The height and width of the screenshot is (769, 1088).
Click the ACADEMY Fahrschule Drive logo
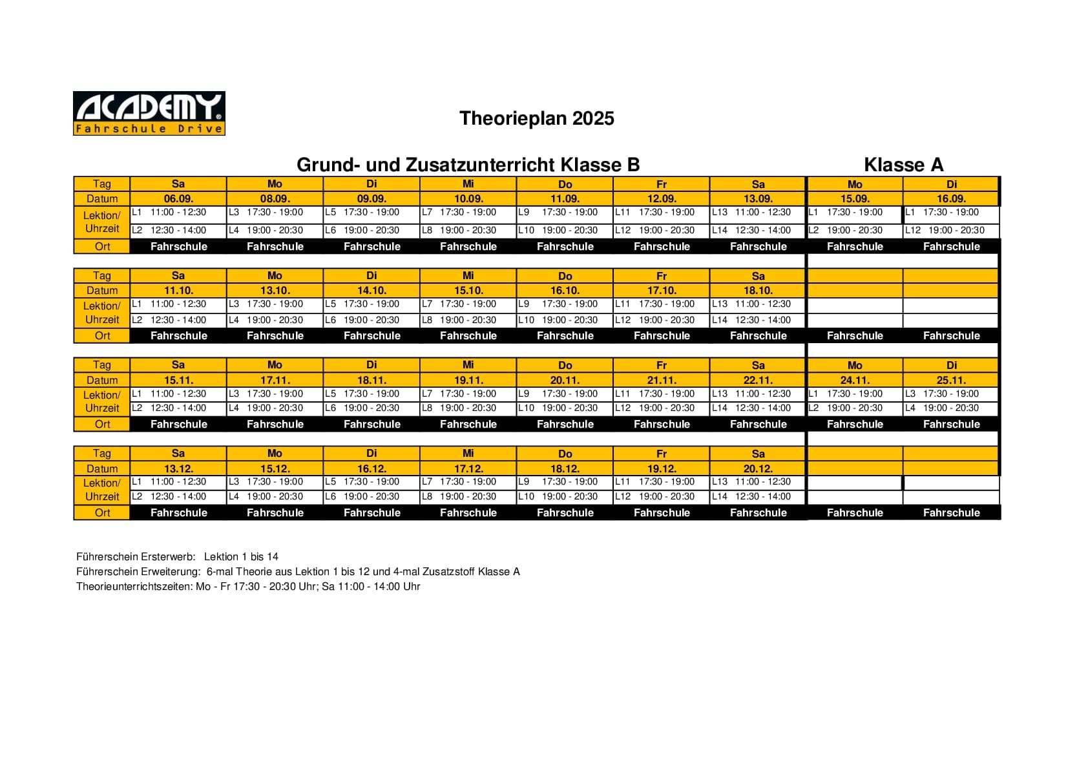tap(149, 113)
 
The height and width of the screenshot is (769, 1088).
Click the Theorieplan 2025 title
tap(536, 118)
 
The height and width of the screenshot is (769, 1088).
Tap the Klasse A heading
tap(903, 165)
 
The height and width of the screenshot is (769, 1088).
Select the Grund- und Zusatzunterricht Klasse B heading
tap(468, 165)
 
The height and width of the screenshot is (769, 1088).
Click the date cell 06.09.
tap(178, 199)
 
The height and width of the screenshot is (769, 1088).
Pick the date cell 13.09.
tap(758, 199)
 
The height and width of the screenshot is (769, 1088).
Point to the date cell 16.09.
tap(951, 199)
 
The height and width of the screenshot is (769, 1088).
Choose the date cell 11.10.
tap(178, 291)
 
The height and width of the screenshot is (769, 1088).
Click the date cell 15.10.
tap(468, 291)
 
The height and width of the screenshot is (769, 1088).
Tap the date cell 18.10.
tap(758, 291)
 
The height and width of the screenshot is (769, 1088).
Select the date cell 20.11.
tap(565, 381)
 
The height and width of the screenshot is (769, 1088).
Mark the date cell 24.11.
tap(855, 381)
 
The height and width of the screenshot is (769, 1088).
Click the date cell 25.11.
tap(951, 381)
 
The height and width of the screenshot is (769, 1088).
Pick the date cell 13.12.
tap(178, 469)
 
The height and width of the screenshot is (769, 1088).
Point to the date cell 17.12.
tap(468, 469)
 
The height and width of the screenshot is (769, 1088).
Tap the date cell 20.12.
tap(758, 469)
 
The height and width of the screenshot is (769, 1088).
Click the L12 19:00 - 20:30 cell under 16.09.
tap(951, 230)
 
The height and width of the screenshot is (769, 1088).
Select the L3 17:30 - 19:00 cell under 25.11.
tap(951, 394)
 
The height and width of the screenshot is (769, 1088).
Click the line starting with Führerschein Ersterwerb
tap(177, 556)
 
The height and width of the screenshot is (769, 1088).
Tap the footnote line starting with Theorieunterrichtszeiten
tap(248, 586)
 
